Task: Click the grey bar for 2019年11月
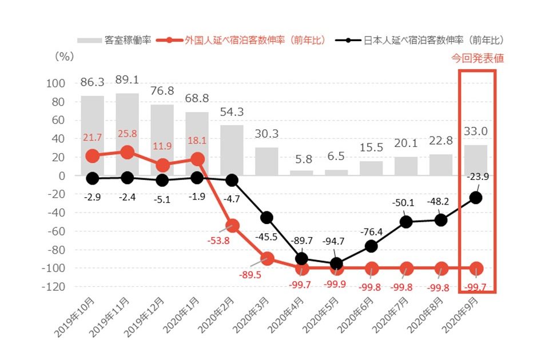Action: [127, 134]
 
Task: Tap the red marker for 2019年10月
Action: [92, 155]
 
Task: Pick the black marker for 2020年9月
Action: [476, 197]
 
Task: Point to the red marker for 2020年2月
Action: [232, 225]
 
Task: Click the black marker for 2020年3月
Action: [266, 218]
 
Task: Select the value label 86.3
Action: [92, 83]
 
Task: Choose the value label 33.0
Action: [476, 131]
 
